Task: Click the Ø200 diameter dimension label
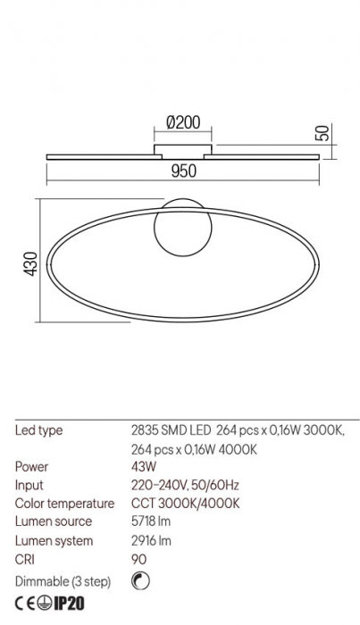183,123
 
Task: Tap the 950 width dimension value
183,171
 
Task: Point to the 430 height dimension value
29,265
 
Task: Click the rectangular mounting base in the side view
183,147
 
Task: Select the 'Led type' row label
39,430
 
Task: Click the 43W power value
143,467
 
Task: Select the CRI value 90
138,559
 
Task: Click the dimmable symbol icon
138,581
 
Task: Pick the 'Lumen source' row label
54,521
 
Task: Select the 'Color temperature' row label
64,504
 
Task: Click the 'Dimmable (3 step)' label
63,582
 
